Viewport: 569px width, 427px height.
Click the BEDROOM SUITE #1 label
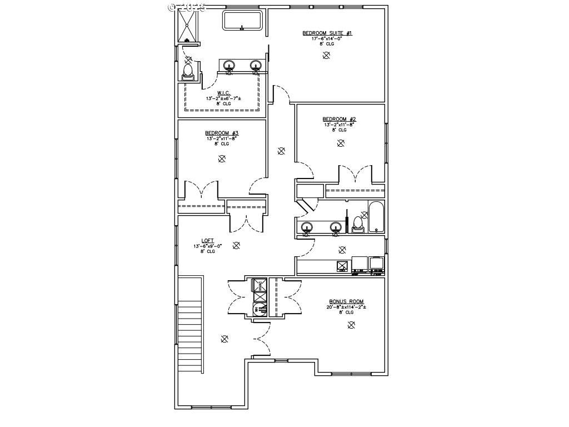click(327, 33)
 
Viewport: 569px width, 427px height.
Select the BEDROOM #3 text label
click(222, 133)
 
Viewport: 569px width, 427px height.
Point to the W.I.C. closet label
click(223, 93)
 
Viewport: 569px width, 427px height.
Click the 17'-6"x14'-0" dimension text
click(327, 38)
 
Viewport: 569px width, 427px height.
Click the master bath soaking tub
click(242, 21)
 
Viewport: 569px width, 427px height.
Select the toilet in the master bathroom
click(188, 71)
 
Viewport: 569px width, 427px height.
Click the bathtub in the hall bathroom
click(376, 216)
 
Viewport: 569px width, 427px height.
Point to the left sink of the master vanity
click(228, 66)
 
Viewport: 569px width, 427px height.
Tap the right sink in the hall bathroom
click(336, 226)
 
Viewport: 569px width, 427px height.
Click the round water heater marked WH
click(260, 310)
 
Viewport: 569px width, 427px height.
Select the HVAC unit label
click(260, 286)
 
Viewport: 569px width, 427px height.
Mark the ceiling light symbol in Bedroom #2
click(340, 143)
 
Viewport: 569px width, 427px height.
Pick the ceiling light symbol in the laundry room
click(342, 250)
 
